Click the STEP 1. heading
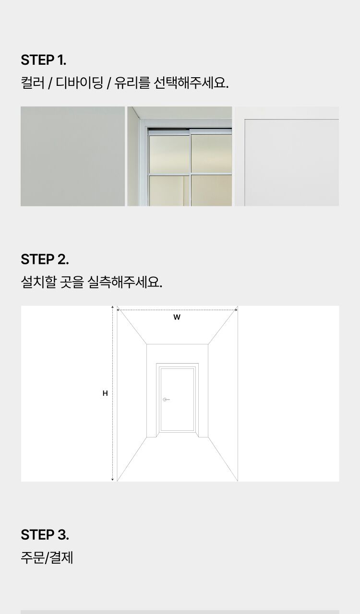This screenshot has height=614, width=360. click(43, 60)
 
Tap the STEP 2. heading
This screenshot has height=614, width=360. click(45, 260)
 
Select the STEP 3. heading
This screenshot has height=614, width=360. click(45, 535)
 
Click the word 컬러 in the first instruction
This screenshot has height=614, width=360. click(32, 83)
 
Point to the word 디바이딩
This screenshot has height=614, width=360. click(80, 83)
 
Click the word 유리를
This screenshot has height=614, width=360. click(132, 83)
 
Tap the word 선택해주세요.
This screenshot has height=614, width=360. click(191, 83)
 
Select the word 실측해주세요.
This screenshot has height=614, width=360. click(125, 282)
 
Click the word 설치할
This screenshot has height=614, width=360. click(38, 282)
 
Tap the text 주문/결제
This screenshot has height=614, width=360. click(47, 557)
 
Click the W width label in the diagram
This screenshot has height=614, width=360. click(177, 317)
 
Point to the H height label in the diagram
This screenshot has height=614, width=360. click(105, 393)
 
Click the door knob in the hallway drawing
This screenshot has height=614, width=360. click(165, 400)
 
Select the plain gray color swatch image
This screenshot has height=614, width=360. click(72, 156)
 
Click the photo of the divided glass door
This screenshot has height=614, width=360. click(180, 156)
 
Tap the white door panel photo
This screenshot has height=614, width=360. click(287, 156)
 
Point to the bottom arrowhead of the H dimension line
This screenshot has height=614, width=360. click(112, 480)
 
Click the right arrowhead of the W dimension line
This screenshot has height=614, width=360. click(236, 310)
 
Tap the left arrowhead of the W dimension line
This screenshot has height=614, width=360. click(118, 310)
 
